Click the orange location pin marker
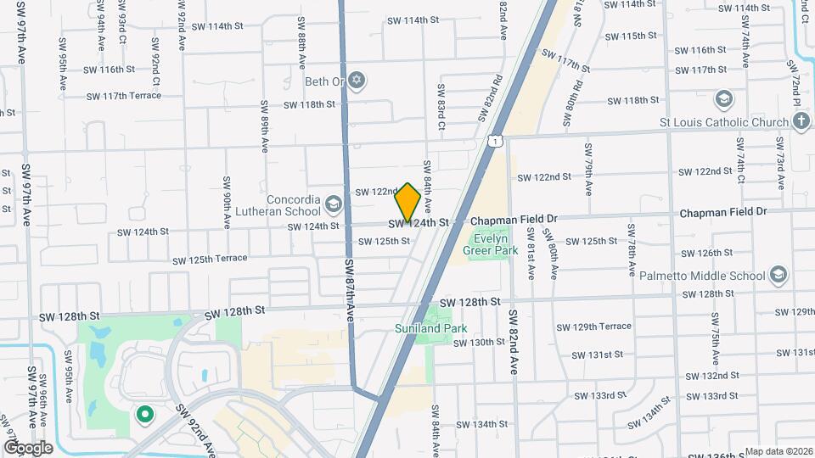407,202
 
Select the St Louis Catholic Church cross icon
801,122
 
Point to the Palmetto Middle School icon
778,274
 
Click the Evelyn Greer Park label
491,244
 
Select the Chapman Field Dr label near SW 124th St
514,219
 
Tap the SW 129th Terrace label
593,327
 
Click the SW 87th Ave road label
350,288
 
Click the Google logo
28,448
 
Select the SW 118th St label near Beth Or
309,104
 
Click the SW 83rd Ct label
441,106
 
